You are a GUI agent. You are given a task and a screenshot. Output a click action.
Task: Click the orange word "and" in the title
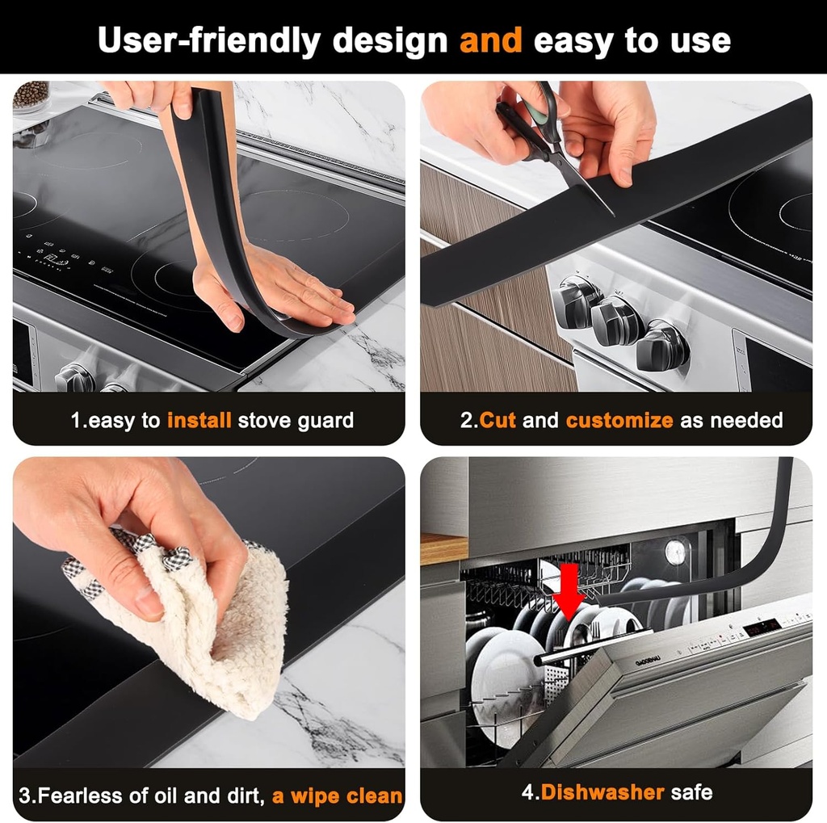tap(490, 40)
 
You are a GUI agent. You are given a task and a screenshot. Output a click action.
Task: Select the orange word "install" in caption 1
tap(199, 420)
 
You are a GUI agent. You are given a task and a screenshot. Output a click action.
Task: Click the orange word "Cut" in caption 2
tap(498, 420)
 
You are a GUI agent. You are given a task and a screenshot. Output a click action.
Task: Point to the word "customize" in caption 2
tap(619, 420)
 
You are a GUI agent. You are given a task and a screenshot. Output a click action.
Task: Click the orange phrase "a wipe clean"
tap(337, 796)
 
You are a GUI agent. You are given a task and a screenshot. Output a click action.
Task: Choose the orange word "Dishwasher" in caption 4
tap(602, 792)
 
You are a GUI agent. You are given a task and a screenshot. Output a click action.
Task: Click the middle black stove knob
tap(618, 321)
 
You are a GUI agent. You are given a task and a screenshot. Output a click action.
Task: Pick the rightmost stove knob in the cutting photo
tap(662, 345)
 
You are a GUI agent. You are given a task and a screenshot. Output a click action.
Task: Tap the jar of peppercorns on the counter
tap(31, 95)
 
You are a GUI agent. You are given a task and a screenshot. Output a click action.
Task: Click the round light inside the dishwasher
tap(674, 552)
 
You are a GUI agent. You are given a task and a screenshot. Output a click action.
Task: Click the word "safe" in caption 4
tap(691, 792)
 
